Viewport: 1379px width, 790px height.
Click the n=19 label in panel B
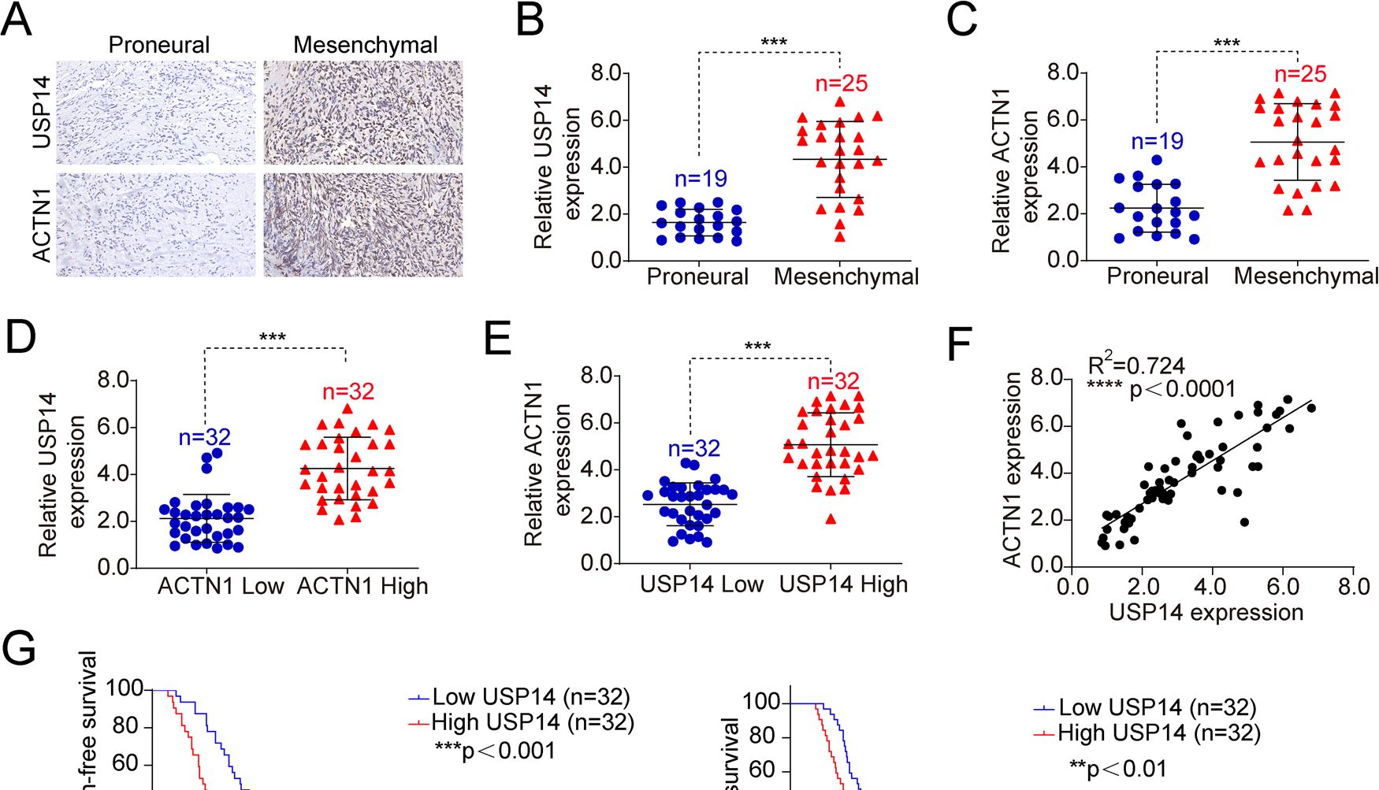(700, 179)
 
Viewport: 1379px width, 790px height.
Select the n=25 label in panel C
(1300, 74)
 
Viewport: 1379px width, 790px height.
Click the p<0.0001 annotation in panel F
(1182, 389)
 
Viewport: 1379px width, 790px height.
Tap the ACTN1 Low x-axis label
(221, 586)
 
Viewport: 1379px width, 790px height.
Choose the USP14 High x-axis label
(843, 584)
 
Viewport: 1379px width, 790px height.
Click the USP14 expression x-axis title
(1206, 612)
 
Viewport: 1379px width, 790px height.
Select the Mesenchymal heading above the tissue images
(365, 45)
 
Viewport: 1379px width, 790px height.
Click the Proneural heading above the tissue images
(159, 45)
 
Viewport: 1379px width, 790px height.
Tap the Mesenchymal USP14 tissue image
(363, 112)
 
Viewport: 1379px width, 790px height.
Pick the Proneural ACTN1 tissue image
(156, 224)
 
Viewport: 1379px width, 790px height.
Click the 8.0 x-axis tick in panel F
(1353, 587)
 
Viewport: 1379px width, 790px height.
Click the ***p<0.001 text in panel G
(495, 751)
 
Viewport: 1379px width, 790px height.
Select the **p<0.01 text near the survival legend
(1117, 768)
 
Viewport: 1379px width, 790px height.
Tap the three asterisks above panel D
(273, 338)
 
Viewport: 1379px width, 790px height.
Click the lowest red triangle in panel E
(831, 518)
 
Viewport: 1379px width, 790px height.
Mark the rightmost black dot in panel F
(1311, 408)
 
